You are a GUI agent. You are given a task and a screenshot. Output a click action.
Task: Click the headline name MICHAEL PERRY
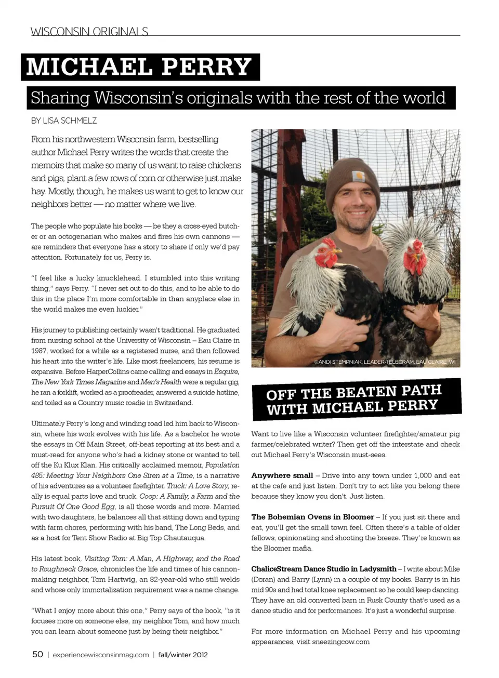(139, 67)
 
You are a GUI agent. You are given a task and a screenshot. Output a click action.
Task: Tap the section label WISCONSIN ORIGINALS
(89, 32)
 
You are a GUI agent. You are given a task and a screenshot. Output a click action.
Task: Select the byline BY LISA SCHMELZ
(64, 121)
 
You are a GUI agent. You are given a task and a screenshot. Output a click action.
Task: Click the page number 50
(38, 654)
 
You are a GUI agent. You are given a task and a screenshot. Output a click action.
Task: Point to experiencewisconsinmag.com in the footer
(101, 655)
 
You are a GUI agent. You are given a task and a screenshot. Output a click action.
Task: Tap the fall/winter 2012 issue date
(183, 655)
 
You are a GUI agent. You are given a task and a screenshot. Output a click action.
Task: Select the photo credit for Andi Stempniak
(385, 362)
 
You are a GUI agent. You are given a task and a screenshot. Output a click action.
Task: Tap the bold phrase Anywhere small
(282, 475)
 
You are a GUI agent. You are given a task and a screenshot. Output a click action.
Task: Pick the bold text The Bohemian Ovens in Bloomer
(312, 517)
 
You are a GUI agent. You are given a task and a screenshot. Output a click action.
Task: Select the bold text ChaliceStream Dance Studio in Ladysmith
(323, 569)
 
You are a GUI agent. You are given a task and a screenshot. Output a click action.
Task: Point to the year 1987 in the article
(39, 351)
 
